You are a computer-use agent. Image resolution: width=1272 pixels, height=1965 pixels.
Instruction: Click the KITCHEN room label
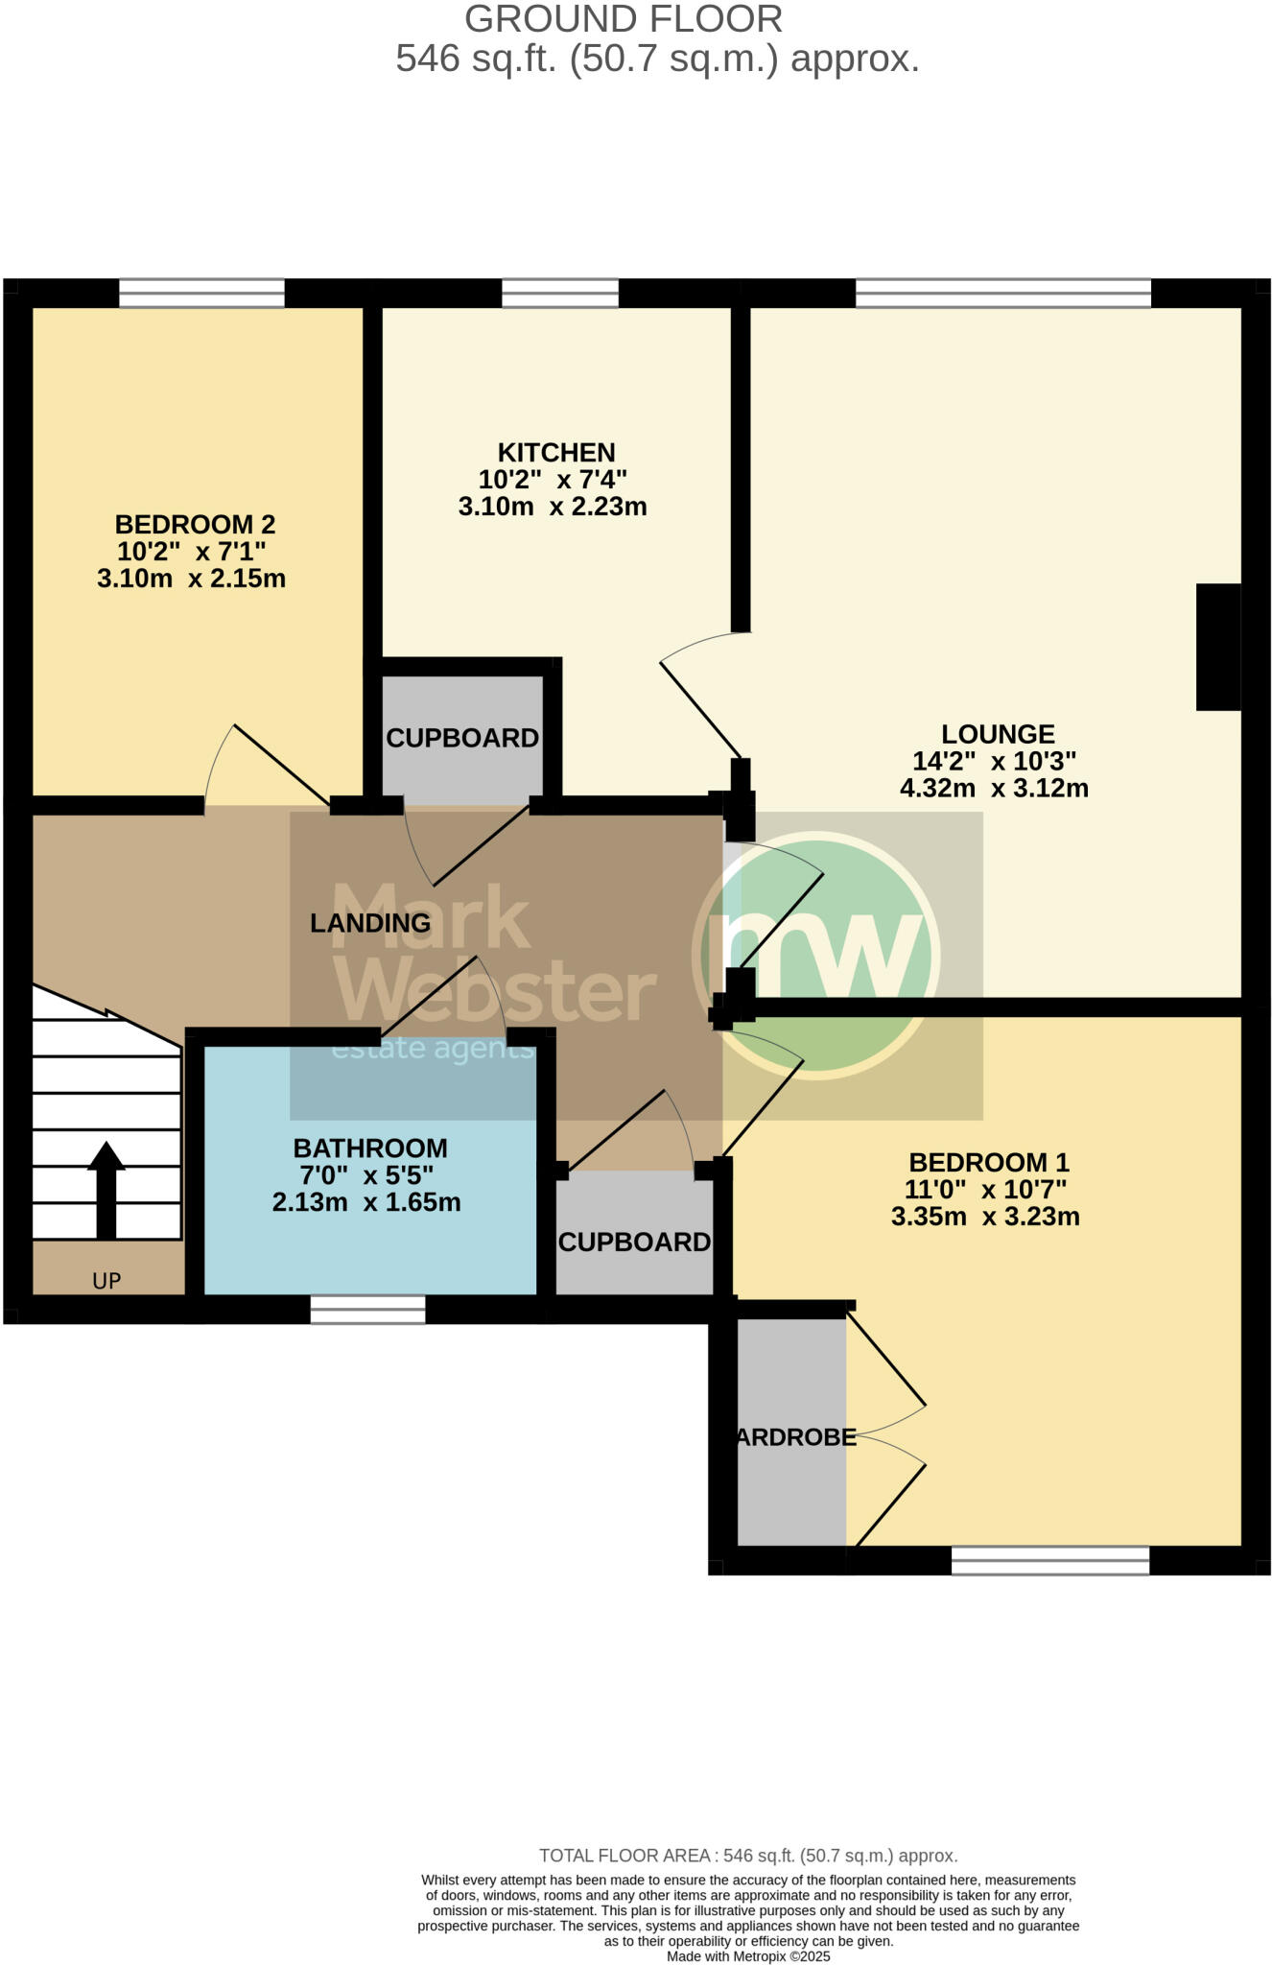coord(555,452)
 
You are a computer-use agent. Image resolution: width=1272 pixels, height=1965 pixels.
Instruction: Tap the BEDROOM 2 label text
coord(195,525)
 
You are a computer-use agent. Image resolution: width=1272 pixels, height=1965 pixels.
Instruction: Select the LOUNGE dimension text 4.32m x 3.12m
coord(994,789)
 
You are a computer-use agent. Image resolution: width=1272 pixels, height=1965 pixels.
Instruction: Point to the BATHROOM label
coord(370,1148)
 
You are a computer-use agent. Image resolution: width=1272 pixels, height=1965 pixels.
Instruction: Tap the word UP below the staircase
coord(106,1281)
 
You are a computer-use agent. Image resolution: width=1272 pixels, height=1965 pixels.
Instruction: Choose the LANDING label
coord(370,923)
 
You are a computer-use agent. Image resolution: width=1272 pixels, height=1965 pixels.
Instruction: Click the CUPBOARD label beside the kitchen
coord(462,738)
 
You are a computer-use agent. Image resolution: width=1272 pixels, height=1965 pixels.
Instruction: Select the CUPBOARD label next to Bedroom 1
coord(634,1243)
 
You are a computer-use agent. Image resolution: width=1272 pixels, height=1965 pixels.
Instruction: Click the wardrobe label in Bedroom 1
coord(795,1437)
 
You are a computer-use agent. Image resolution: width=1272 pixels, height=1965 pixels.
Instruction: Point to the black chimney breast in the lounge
coord(1217,647)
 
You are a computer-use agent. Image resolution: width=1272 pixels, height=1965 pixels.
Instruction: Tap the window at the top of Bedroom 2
coord(201,293)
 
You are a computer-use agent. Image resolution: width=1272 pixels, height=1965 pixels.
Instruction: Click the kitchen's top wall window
coord(560,293)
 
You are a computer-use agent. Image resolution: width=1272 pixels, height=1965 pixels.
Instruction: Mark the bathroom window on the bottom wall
coord(367,1310)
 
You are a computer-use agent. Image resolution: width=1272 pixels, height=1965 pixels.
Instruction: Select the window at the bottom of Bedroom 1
coord(1049,1561)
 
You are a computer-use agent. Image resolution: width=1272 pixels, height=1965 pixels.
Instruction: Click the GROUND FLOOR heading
coord(624,19)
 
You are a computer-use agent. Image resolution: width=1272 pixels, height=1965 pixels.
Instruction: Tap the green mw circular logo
coord(815,955)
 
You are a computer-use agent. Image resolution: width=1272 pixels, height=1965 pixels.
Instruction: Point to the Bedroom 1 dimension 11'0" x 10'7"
coord(985,1190)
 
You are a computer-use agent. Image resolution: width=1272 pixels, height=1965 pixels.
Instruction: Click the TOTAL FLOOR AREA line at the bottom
coord(748,1856)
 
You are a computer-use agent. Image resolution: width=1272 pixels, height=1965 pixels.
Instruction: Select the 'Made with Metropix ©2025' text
coord(748,1956)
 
